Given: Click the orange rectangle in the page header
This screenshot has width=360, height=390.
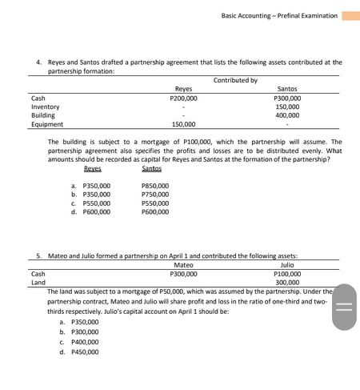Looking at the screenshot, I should [350, 15].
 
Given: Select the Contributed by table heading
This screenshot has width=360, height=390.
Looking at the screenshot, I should [235, 80].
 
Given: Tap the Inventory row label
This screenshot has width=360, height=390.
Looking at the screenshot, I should [45, 107].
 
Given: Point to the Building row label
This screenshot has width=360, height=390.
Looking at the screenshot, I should [43, 115].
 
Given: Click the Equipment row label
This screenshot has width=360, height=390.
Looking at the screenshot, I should [46, 124].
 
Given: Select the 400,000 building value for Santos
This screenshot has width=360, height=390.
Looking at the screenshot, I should [287, 115].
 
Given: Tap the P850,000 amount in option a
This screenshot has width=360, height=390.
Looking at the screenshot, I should [154, 186].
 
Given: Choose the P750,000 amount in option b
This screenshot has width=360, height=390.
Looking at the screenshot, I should [154, 195].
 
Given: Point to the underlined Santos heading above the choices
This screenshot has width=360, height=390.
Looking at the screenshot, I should [152, 168].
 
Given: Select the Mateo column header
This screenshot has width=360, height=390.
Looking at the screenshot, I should [183, 264].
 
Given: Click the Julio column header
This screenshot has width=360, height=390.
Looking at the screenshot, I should [287, 264].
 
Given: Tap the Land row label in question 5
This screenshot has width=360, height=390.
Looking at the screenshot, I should [38, 282].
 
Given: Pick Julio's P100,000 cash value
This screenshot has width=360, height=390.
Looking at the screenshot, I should [287, 273].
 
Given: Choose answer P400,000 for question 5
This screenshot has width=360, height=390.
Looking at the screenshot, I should [84, 340].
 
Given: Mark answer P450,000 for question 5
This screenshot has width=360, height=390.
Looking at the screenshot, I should [84, 351].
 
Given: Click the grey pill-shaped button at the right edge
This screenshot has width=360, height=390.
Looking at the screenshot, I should [343, 305].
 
